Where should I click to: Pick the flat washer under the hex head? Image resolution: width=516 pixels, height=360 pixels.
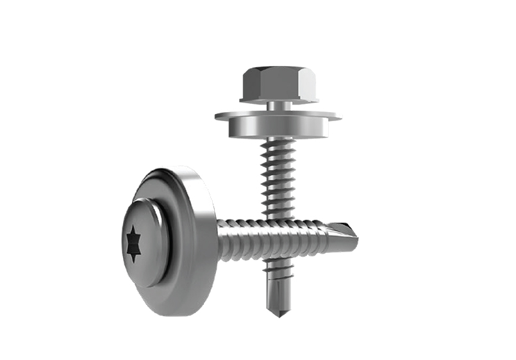click(x=278, y=119)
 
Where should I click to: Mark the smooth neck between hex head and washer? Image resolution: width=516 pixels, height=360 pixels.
click(x=278, y=106)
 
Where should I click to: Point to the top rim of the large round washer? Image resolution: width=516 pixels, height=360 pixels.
click(x=173, y=170)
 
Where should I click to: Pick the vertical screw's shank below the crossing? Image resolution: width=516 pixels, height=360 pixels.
click(x=277, y=282)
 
